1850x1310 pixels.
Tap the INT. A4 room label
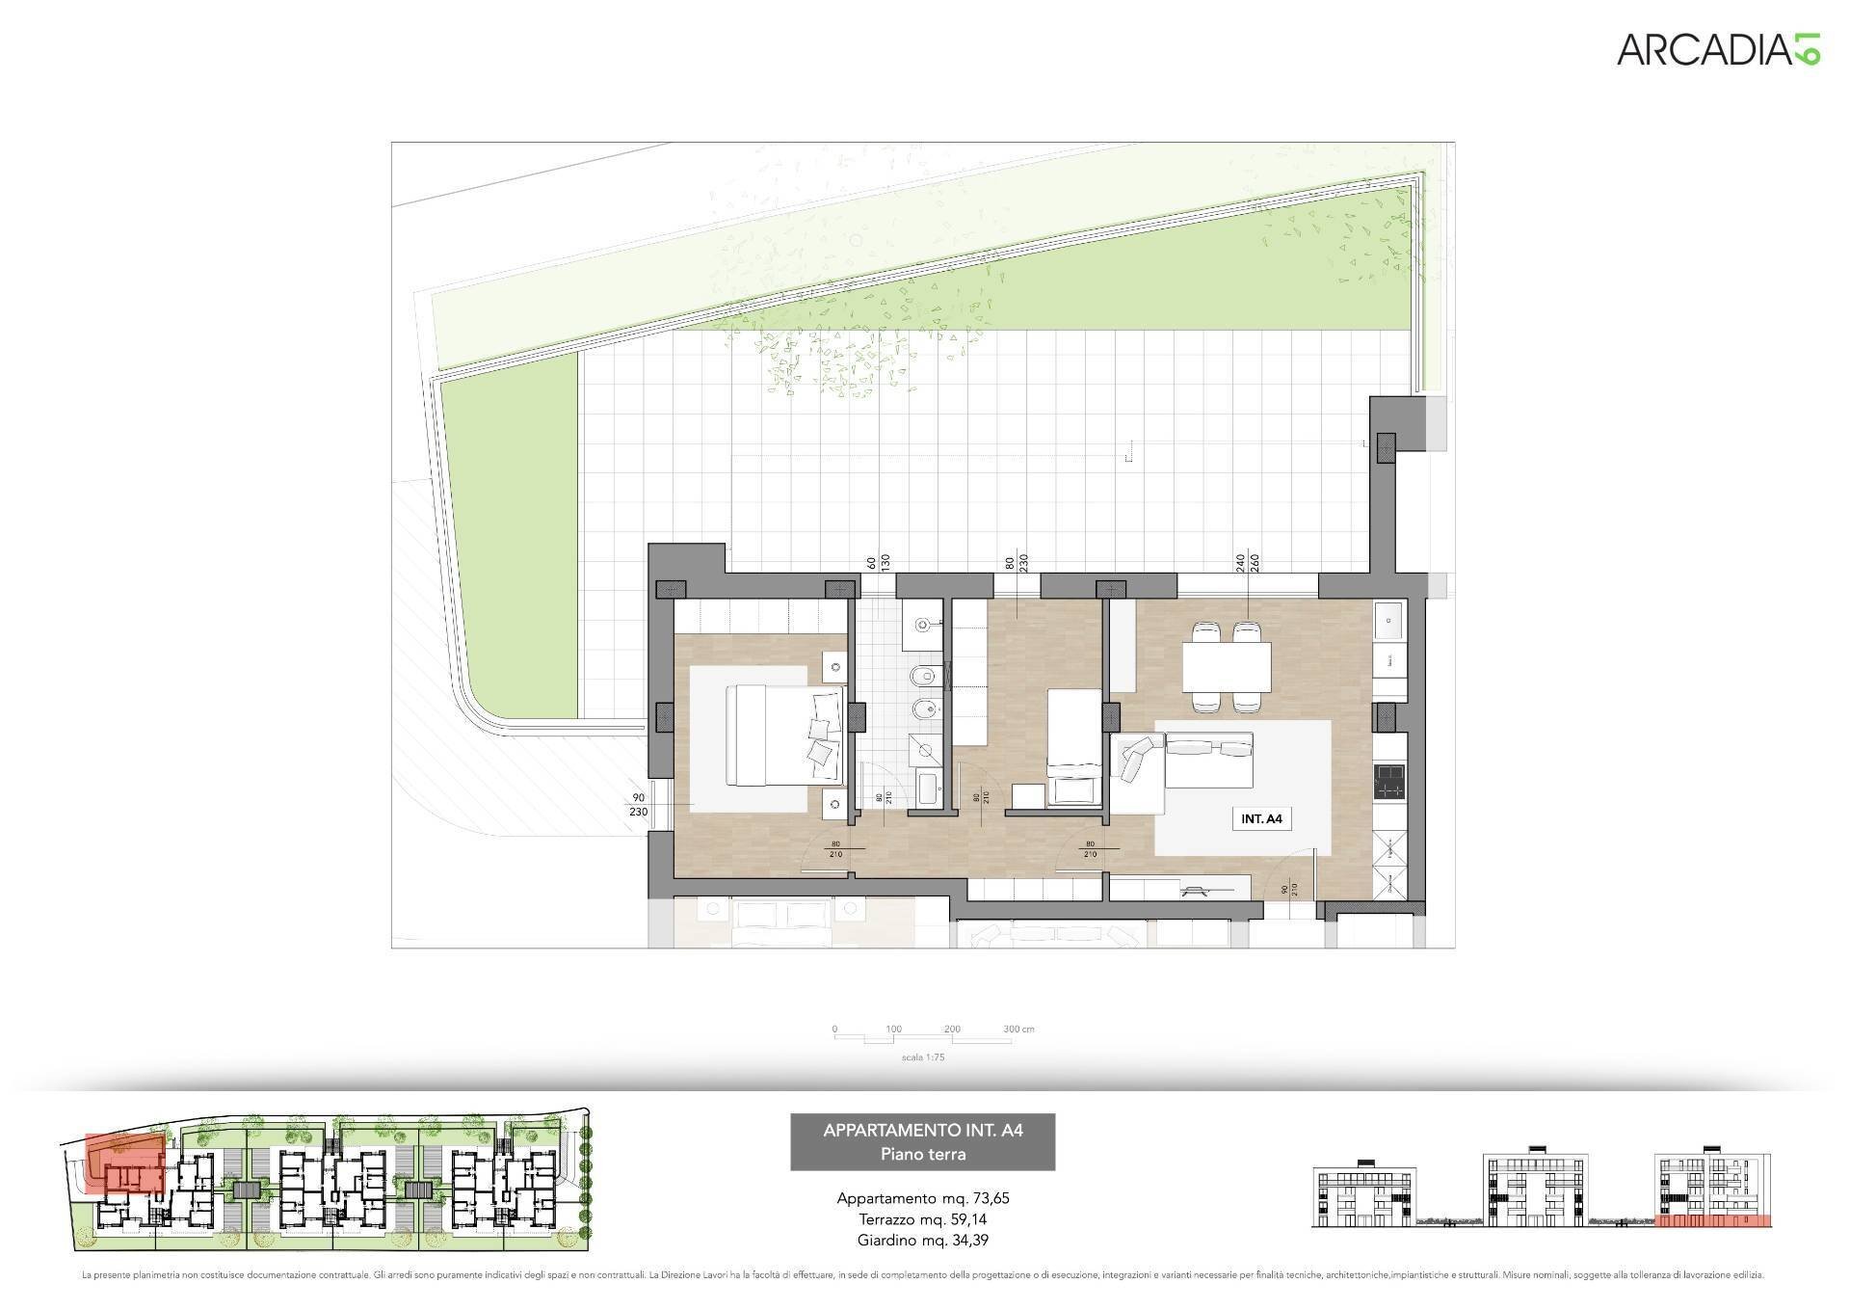pyautogui.click(x=1261, y=818)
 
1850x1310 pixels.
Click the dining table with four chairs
pyautogui.click(x=1226, y=665)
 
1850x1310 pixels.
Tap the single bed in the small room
pyautogui.click(x=1074, y=744)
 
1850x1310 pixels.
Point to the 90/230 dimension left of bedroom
pyautogui.click(x=638, y=805)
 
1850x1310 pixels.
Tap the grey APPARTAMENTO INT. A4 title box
pyautogui.click(x=922, y=1141)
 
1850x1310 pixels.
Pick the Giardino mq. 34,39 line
pyautogui.click(x=922, y=1241)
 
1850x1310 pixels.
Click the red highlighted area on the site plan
pyautogui.click(x=123, y=1163)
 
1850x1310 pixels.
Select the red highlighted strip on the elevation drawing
pyautogui.click(x=1713, y=1248)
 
